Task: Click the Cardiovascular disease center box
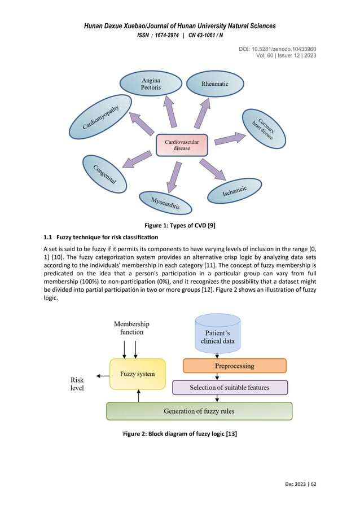pos(182,145)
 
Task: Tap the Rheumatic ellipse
pos(215,84)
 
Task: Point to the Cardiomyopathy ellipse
pos(100,117)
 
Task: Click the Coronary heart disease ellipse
pos(263,129)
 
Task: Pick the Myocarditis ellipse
pos(165,203)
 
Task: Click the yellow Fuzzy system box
pos(138,374)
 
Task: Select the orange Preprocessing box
pos(234,366)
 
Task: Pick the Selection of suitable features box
pos(230,387)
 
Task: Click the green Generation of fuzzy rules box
pos(199,411)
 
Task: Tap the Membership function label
pos(131,328)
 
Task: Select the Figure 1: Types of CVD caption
pos(179,226)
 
